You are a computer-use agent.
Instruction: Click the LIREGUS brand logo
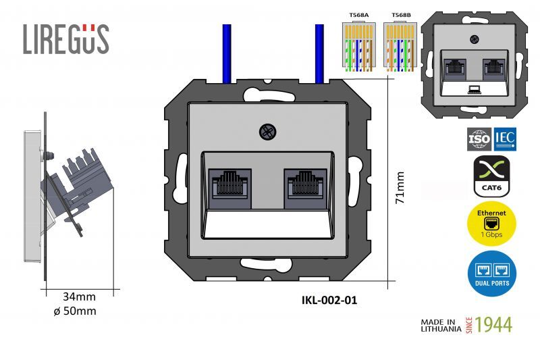65,39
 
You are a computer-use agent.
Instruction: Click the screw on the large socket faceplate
267,132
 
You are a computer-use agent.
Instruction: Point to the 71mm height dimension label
400,187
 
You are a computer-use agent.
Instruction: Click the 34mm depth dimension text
79,297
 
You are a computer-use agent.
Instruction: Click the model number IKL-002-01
329,301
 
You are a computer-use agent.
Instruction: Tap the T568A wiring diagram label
358,14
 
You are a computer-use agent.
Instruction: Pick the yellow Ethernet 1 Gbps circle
491,224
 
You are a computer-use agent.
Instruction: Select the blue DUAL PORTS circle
491,274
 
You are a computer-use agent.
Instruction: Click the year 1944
493,325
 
